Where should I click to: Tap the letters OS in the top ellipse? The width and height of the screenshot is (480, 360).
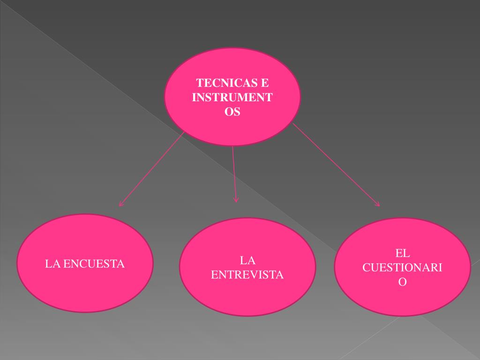pos(232,112)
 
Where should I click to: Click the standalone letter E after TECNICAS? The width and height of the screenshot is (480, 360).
pos(265,83)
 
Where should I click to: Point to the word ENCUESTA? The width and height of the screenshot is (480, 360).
pos(94,264)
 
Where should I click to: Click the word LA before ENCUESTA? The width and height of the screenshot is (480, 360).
pos(53,264)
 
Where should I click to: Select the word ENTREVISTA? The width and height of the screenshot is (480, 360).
pos(247,275)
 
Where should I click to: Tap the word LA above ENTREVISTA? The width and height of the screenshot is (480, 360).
pos(247,260)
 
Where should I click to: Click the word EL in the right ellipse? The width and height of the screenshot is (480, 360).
pos(402,254)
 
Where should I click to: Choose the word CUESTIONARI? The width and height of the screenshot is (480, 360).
pos(402,268)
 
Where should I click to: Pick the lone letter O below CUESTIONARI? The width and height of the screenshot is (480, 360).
pos(402,283)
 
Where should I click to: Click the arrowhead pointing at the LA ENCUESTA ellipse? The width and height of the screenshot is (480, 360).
pos(121,204)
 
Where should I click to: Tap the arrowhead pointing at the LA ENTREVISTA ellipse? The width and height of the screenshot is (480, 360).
pos(236,200)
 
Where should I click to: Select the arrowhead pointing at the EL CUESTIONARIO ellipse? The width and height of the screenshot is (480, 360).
pos(378,204)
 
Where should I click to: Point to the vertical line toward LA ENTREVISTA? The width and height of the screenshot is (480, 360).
pos(234,173)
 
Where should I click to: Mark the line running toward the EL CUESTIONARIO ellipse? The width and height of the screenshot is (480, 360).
pos(335,164)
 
